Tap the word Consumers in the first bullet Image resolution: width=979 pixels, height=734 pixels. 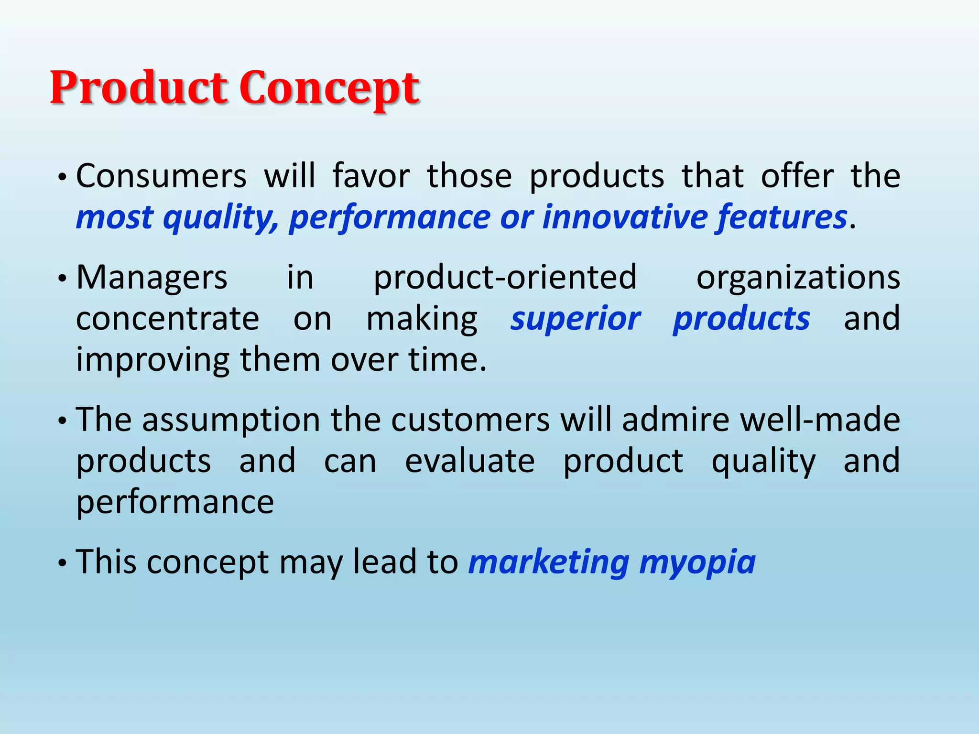[161, 176]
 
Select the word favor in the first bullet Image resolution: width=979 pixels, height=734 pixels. [371, 176]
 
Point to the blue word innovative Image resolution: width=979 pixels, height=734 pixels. [624, 217]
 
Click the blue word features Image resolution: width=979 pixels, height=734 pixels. [781, 217]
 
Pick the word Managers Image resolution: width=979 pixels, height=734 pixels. [152, 278]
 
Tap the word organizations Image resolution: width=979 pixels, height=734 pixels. [798, 278]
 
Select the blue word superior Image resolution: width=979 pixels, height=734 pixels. [575, 319]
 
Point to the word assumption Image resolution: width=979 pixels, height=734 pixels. [231, 421]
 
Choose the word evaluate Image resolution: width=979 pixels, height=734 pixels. [469, 461]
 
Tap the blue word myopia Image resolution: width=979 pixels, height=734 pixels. [697, 563]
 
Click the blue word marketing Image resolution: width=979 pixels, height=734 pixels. [549, 563]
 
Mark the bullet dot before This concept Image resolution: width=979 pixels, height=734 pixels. [61, 563]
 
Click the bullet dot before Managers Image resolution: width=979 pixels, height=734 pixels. [61, 279]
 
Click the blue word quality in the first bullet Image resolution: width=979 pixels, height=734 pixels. [220, 218]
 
